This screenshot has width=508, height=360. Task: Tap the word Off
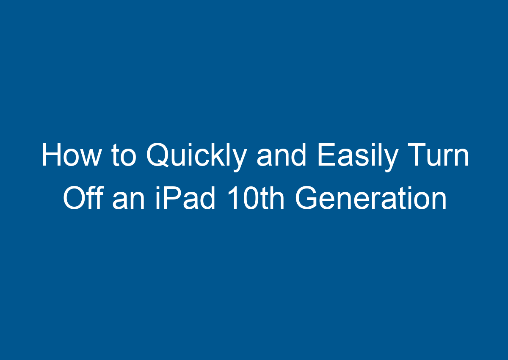click(x=83, y=199)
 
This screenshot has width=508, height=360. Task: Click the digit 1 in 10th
click(x=232, y=199)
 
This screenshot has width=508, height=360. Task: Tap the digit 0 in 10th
click(x=249, y=199)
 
